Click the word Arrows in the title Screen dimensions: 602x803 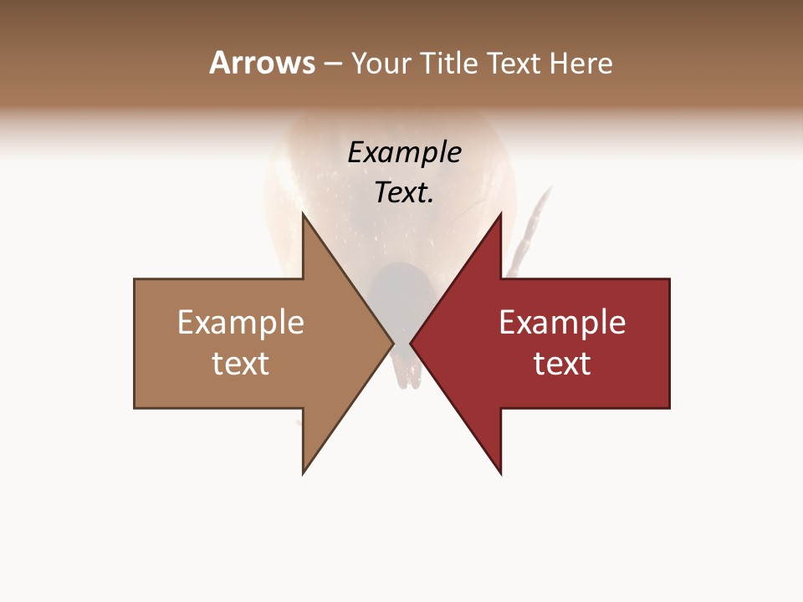coord(262,63)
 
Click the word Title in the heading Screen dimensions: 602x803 coord(447,63)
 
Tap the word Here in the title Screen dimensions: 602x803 coord(581,63)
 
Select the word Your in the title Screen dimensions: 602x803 coord(381,63)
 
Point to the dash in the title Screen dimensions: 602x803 coord(332,64)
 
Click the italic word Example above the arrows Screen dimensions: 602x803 coord(404,152)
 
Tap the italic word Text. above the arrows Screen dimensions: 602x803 coord(404,193)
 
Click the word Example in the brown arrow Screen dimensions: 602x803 coord(241,322)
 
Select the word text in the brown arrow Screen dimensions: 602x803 coord(241,364)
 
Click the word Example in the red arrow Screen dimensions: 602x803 coord(562,322)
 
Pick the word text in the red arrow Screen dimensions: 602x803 coord(562,364)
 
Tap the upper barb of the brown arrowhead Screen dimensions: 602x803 coord(304,219)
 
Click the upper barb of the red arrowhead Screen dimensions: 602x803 coord(499,219)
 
